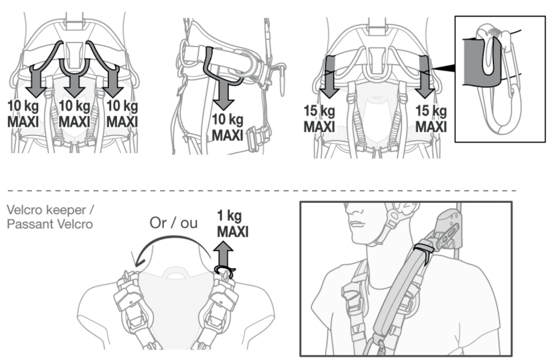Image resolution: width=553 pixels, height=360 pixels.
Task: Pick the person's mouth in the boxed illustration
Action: pyautogui.click(x=357, y=222)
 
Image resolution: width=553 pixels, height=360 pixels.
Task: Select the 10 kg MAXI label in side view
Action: pyautogui.click(x=228, y=126)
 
